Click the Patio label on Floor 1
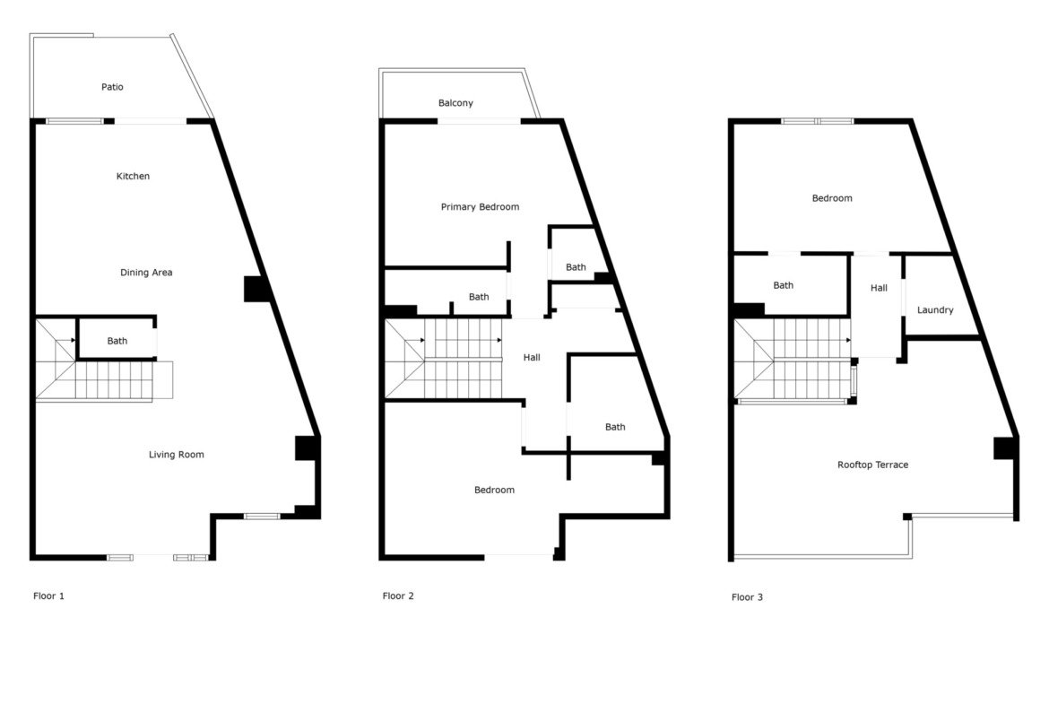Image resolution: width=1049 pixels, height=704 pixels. click(x=112, y=87)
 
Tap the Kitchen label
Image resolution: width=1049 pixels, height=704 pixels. click(x=133, y=176)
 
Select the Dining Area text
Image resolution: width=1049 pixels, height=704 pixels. click(x=146, y=273)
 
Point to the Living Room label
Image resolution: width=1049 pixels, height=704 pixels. click(x=176, y=455)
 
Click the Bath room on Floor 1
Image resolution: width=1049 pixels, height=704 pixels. click(x=117, y=341)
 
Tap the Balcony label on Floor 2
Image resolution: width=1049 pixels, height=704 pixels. click(x=455, y=103)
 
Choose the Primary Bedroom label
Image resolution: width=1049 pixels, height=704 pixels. click(x=480, y=207)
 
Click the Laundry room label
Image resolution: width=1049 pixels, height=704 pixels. click(x=935, y=310)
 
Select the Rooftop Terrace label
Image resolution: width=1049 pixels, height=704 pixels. click(x=873, y=465)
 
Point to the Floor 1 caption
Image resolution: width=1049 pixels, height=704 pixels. click(x=48, y=595)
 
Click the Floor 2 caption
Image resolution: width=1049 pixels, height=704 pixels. click(x=398, y=595)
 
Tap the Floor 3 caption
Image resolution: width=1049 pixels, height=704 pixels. click(x=747, y=597)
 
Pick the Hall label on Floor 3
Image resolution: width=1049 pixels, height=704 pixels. click(x=879, y=288)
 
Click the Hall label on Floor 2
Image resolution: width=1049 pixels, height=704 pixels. click(x=532, y=357)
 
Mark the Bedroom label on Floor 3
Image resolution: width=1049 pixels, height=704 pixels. click(x=832, y=198)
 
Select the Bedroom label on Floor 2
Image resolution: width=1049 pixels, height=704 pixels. click(x=494, y=490)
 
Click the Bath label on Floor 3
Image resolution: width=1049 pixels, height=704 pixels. click(x=784, y=285)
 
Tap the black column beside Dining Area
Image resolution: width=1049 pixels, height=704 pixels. click(x=256, y=289)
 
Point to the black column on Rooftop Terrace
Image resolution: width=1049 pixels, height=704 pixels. click(x=1005, y=448)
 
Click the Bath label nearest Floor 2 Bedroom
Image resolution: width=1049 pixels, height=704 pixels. click(x=615, y=427)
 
